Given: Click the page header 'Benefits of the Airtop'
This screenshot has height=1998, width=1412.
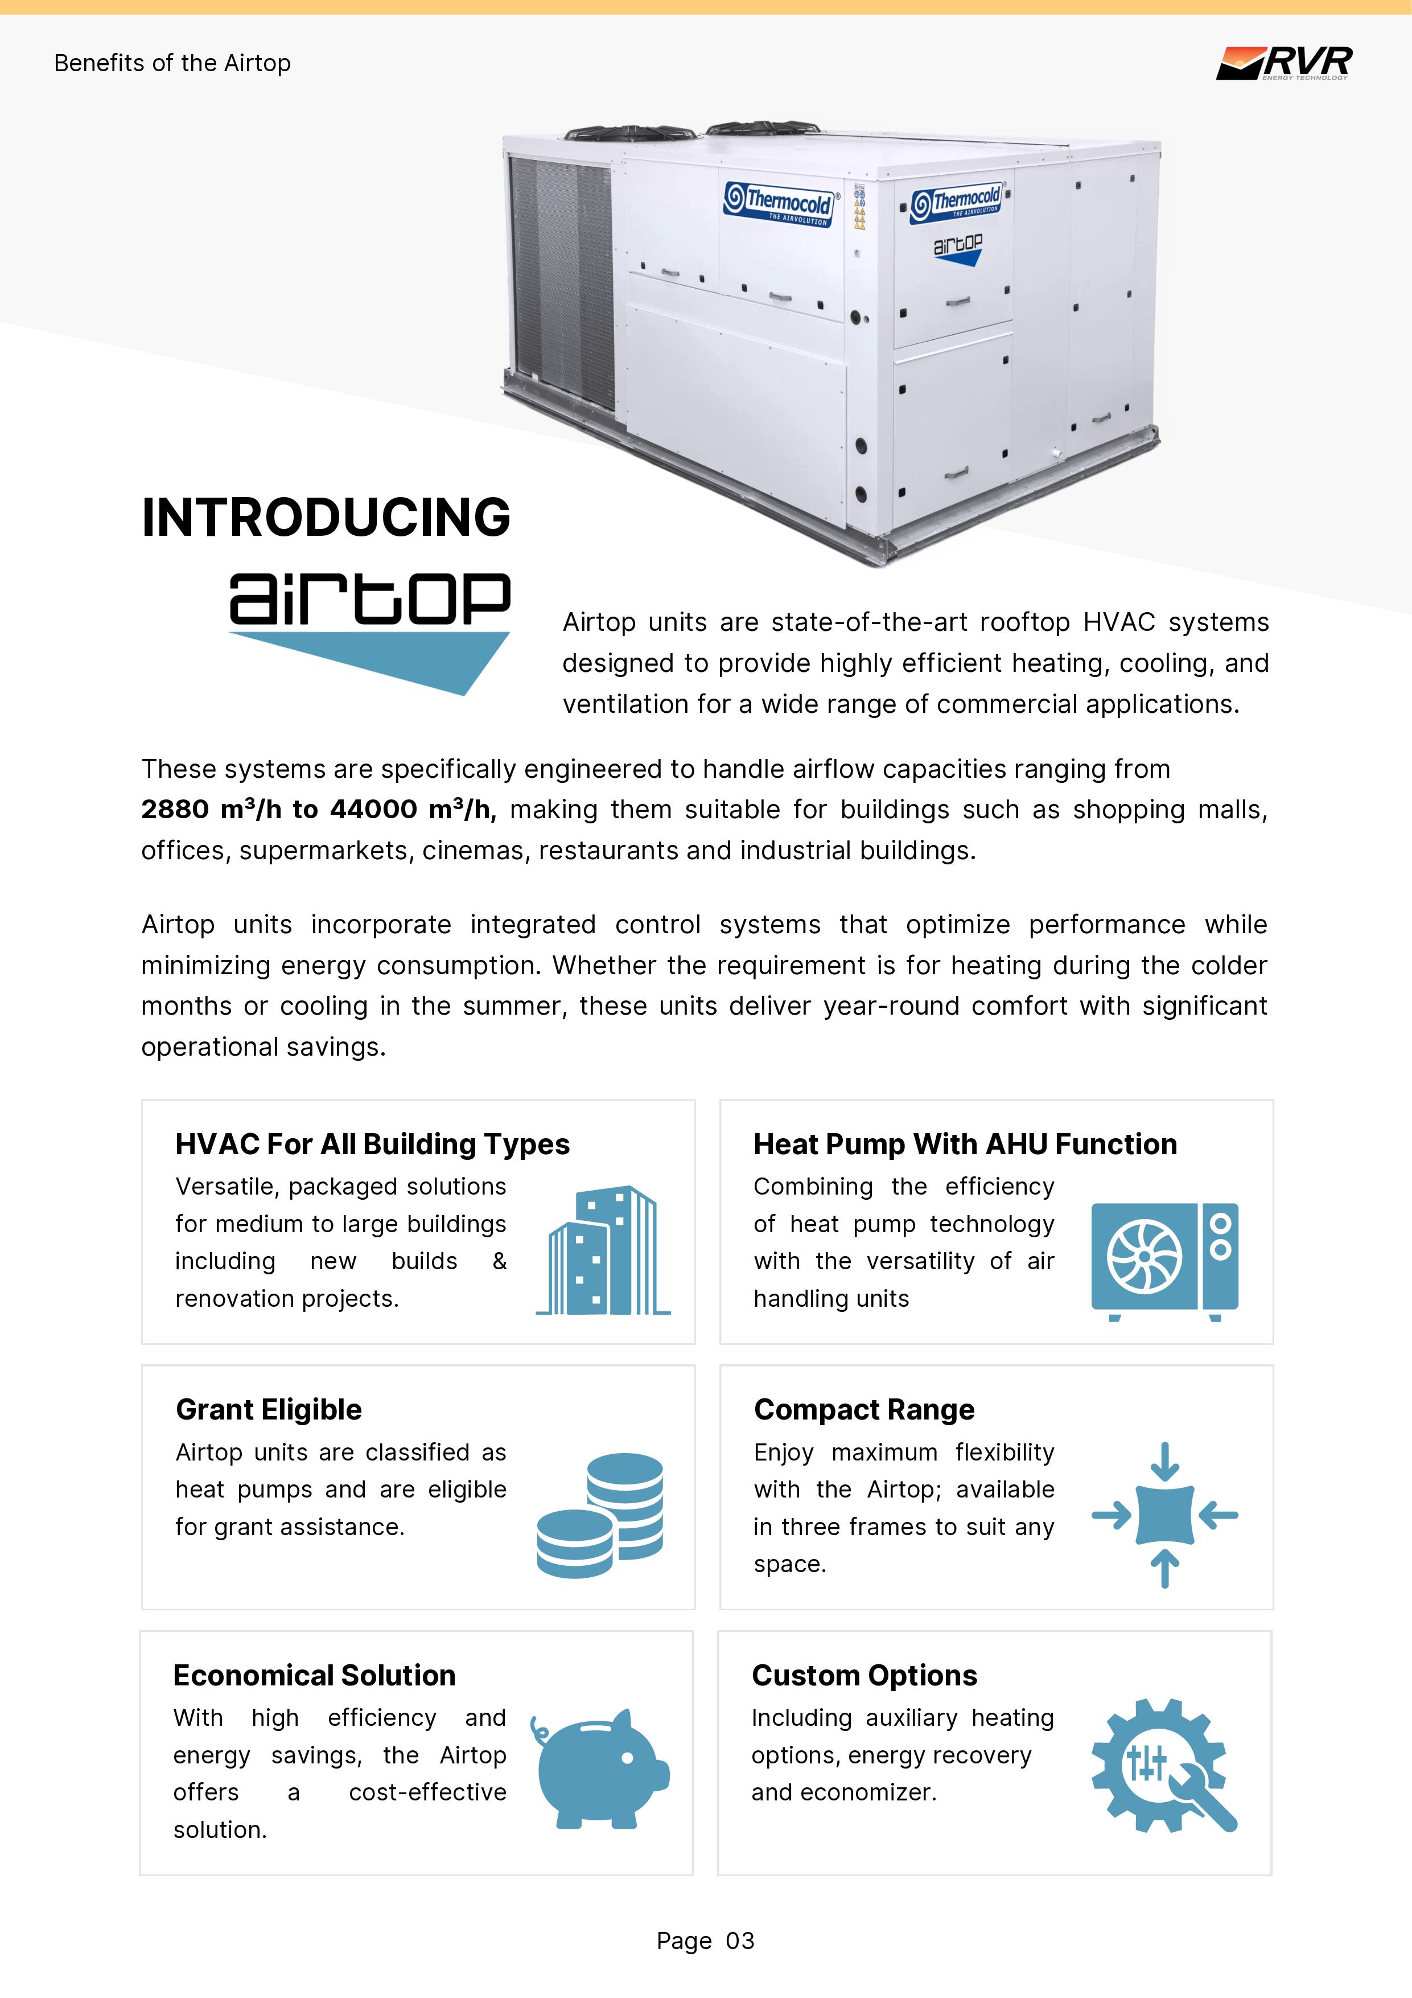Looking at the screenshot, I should point(172,64).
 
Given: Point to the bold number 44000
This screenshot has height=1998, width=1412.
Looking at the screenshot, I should point(373,809).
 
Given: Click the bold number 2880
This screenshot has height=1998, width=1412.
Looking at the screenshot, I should point(175,809).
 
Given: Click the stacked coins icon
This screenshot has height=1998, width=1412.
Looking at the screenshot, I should point(600,1515).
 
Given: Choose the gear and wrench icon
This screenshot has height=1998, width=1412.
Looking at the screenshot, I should point(1163,1766).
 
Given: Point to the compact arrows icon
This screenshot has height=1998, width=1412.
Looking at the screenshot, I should point(1164,1515).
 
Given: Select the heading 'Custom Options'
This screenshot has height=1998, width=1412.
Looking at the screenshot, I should point(864,1675).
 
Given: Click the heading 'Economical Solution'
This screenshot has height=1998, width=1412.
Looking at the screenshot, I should point(314,1675).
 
